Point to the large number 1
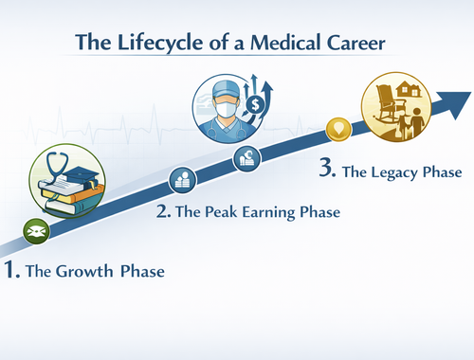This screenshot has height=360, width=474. [11, 270]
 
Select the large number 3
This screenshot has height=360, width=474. [327, 171]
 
